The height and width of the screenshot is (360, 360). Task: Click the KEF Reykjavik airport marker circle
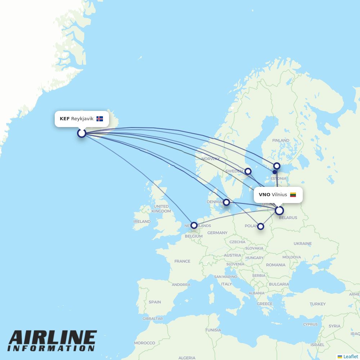82,133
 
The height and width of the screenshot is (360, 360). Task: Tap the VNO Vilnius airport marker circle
279,211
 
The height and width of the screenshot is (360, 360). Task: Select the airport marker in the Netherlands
194,225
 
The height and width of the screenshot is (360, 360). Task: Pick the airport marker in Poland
261,226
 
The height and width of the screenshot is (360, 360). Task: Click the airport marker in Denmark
226,202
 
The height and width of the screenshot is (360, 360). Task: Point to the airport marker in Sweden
248,171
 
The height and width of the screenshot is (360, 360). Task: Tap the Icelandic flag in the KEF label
100,119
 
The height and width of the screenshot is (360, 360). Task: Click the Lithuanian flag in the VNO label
293,195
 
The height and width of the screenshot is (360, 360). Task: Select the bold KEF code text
64,119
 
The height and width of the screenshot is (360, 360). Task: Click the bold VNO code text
264,195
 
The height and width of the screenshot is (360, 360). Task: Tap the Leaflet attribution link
350,356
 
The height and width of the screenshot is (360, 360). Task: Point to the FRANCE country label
182,261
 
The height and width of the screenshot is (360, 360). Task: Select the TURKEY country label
318,304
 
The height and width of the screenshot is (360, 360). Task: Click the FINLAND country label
281,140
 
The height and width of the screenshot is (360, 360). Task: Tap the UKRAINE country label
302,243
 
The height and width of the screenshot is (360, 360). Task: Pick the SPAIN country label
155,302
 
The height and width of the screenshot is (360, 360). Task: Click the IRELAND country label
142,221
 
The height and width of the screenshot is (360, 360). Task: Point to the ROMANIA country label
276,265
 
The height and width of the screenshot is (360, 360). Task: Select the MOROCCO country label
144,343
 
